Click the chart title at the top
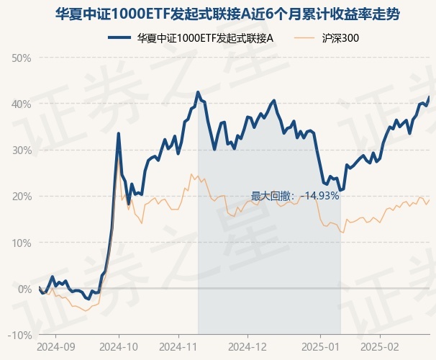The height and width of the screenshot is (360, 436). [x=227, y=14]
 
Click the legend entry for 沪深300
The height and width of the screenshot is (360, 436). [x=326, y=38]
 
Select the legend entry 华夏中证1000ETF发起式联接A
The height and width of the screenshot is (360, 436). [x=191, y=38]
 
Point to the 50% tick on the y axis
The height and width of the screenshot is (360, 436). [x=22, y=58]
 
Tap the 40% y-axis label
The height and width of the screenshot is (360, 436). [x=22, y=104]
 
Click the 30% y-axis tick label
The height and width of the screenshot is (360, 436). [x=22, y=150]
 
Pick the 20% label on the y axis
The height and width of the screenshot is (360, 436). [x=22, y=197]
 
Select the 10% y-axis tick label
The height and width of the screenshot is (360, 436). [x=22, y=243]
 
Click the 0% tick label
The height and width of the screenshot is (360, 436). [x=24, y=289]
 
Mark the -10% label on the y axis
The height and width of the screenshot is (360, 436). [x=20, y=336]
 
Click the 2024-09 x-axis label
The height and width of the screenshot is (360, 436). [x=55, y=347]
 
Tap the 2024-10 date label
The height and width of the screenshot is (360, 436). [x=119, y=347]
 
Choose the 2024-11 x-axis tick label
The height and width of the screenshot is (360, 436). [x=178, y=347]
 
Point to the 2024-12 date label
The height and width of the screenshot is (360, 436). [x=247, y=347]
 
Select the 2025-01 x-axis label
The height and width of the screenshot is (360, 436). [x=321, y=347]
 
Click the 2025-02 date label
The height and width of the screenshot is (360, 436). [x=380, y=347]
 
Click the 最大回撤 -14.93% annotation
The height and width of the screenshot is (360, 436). [x=295, y=196]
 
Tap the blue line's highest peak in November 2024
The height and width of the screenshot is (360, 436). [x=198, y=92]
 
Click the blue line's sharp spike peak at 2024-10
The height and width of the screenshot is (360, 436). [x=119, y=133]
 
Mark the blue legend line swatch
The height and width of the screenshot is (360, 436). [x=119, y=38]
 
